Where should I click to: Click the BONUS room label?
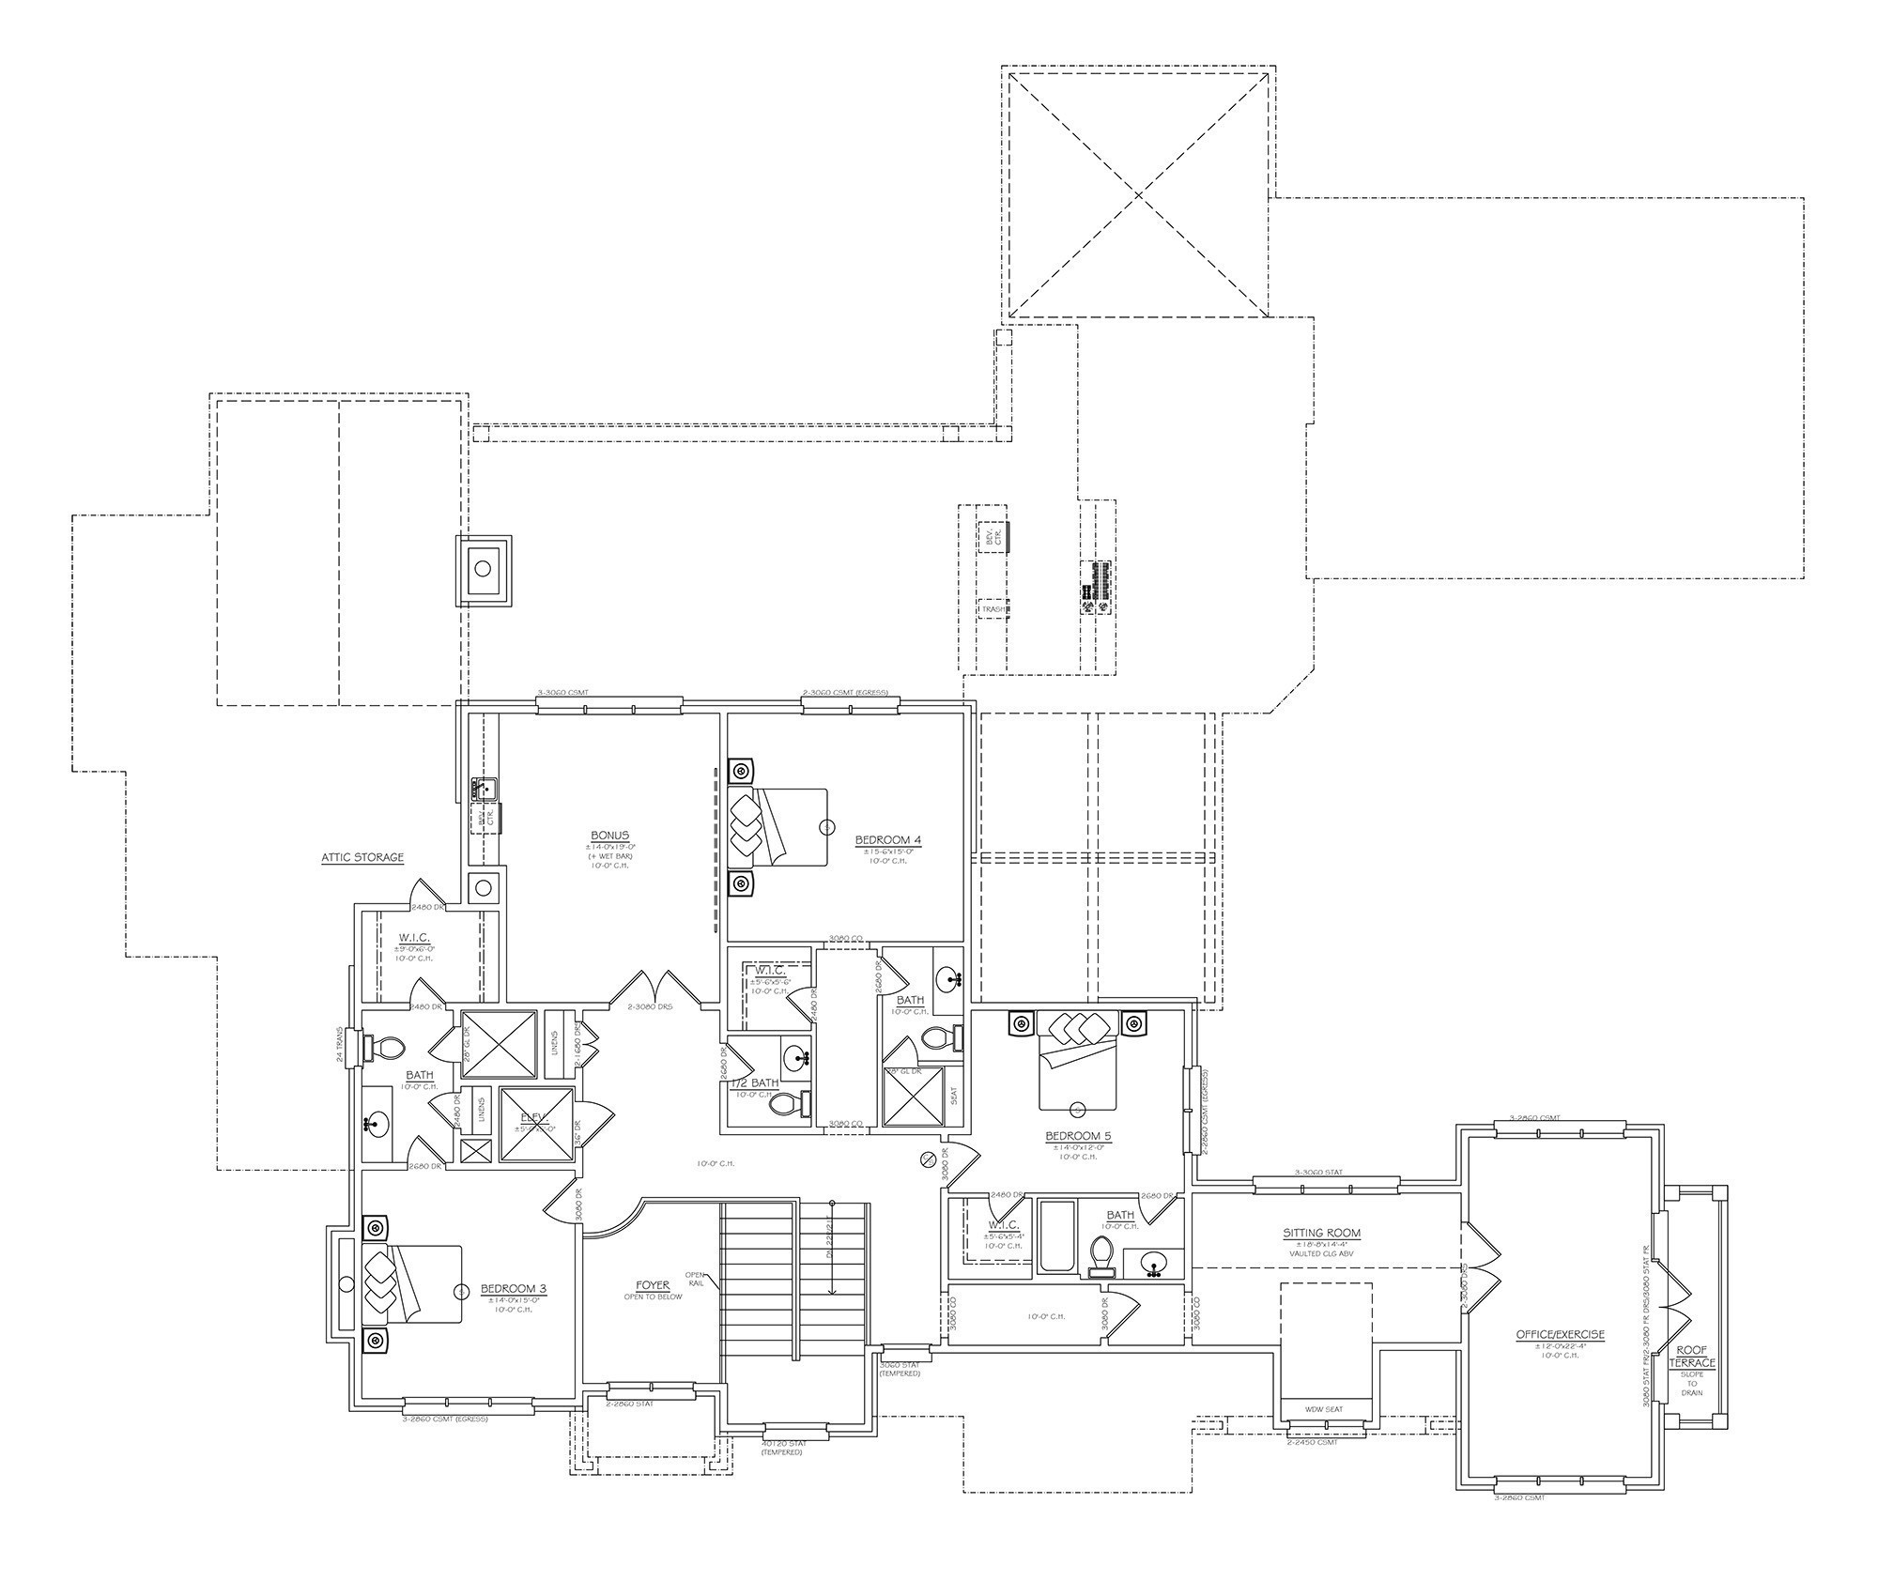[609, 836]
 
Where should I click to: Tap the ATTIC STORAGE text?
[362, 857]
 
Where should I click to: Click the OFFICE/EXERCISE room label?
[1560, 1334]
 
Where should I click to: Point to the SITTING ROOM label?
[1321, 1234]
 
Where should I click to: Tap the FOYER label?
[653, 1285]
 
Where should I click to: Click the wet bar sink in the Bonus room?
[485, 787]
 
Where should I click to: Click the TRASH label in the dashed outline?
[993, 609]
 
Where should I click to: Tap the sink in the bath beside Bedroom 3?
[377, 1121]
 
